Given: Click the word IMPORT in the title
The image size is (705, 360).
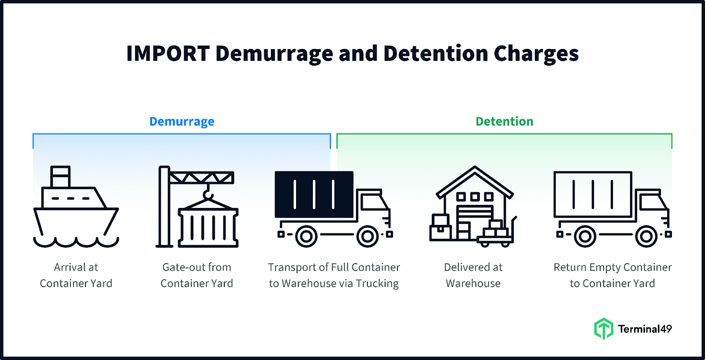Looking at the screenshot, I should click(x=168, y=54).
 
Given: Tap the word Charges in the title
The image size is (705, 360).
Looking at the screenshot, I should click(x=536, y=54).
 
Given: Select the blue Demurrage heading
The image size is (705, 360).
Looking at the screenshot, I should click(x=182, y=121).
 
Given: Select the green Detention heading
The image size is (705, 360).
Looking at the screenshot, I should click(x=504, y=121).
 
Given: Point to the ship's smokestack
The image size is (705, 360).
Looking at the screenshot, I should click(x=60, y=176).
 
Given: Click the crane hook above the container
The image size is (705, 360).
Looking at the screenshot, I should click(x=208, y=194).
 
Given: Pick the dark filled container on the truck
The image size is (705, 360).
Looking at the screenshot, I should click(x=314, y=194).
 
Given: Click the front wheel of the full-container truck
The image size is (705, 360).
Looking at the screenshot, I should click(x=368, y=237).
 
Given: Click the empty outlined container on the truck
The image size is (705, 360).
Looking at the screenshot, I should click(x=593, y=194).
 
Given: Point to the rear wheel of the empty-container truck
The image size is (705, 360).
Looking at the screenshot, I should click(x=585, y=237).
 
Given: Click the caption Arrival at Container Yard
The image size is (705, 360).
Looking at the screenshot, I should click(x=76, y=275).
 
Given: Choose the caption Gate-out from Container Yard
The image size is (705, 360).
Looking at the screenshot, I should click(x=197, y=275).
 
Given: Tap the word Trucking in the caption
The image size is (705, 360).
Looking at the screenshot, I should click(x=377, y=283).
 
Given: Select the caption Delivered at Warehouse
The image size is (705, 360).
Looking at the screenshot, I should click(x=473, y=275).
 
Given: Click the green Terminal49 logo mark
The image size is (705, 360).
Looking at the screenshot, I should click(x=603, y=329).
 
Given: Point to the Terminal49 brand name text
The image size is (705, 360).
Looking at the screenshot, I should click(x=645, y=329).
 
